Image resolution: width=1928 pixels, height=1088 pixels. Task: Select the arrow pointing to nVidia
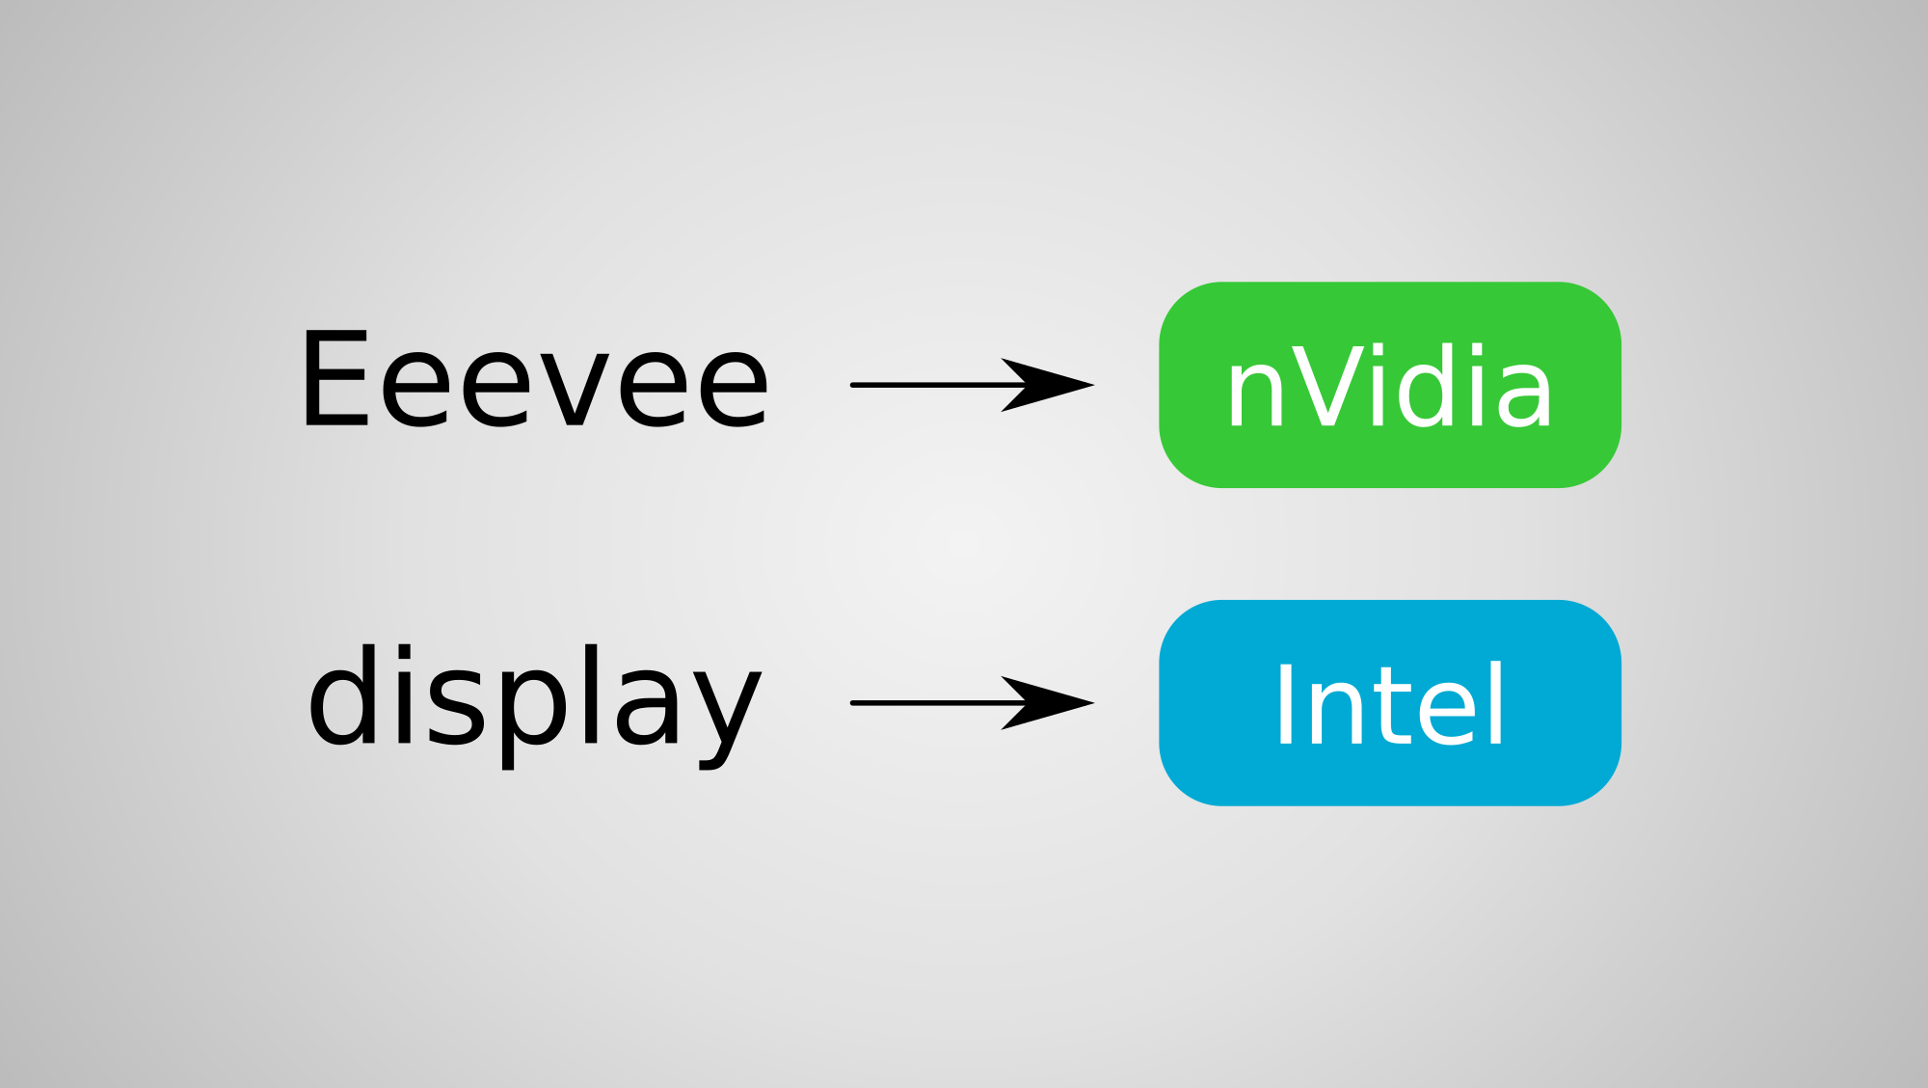click(x=972, y=385)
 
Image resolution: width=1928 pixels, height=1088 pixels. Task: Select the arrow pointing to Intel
click(x=972, y=703)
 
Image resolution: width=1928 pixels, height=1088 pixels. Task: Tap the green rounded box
click(x=1390, y=385)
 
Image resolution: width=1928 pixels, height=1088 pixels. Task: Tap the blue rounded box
click(x=1390, y=703)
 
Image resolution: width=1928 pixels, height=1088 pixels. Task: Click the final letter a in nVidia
click(x=1522, y=394)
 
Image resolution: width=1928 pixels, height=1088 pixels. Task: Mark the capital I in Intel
click(x=1284, y=703)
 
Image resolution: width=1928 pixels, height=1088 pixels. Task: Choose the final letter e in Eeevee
click(x=733, y=391)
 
